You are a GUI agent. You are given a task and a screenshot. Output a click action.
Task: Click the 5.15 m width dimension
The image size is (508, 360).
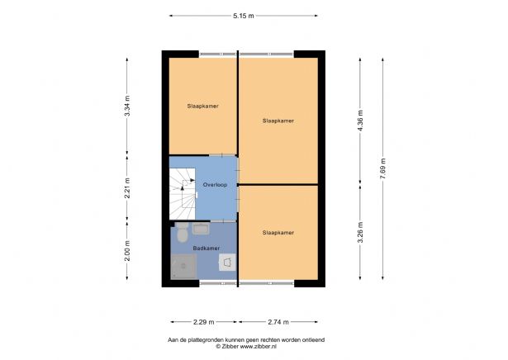click(243, 15)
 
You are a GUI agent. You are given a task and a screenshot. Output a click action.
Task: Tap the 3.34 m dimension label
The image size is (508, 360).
click(127, 107)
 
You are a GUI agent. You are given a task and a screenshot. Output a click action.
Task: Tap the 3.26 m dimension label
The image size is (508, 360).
click(360, 234)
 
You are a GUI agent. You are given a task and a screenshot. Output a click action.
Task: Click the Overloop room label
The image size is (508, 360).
click(215, 185)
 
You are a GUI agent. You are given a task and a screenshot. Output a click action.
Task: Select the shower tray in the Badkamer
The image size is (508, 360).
click(185, 266)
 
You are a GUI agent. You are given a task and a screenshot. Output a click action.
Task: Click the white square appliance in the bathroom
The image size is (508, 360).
click(226, 262)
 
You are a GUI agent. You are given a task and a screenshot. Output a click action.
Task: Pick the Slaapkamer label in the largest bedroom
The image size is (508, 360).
click(278, 121)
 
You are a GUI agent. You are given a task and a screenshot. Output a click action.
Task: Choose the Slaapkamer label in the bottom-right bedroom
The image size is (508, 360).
click(278, 233)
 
